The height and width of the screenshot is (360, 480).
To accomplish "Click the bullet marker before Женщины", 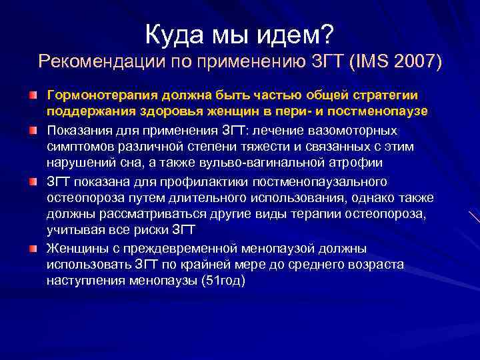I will (33, 249).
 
